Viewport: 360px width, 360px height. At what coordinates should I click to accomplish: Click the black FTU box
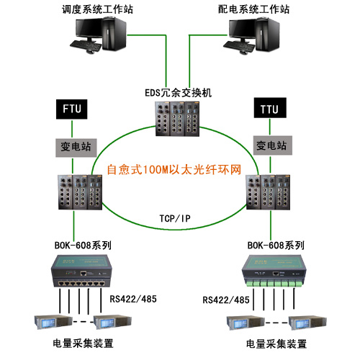71,109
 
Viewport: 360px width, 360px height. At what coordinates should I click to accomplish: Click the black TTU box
270,108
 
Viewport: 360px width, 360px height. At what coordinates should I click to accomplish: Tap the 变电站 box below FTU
76,148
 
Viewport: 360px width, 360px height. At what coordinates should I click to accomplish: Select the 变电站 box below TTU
273,145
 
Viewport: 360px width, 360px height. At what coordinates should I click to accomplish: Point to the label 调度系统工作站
97,9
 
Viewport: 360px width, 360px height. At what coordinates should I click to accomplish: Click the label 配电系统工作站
253,9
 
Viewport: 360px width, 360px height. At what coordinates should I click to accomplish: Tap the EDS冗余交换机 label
179,93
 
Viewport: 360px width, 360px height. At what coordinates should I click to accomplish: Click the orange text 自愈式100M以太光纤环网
174,169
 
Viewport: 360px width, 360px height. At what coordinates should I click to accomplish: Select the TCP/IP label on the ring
175,218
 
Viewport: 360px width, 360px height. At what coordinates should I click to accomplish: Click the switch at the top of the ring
177,119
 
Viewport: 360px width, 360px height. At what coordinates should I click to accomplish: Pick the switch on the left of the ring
80,192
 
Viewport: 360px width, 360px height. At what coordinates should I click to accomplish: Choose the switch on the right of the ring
268,192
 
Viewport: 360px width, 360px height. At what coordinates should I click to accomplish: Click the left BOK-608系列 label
83,246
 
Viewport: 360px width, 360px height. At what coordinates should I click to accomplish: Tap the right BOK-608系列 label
276,246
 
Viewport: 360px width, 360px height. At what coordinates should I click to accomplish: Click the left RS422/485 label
133,299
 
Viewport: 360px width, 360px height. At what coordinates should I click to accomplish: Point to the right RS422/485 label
226,300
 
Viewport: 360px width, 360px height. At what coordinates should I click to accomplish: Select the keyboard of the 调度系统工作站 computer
86,45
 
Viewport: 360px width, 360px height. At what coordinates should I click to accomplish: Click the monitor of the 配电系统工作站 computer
242,30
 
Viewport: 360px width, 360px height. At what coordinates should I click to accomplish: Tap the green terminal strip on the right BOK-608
274,284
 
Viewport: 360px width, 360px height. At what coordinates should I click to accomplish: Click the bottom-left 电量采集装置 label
83,343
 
